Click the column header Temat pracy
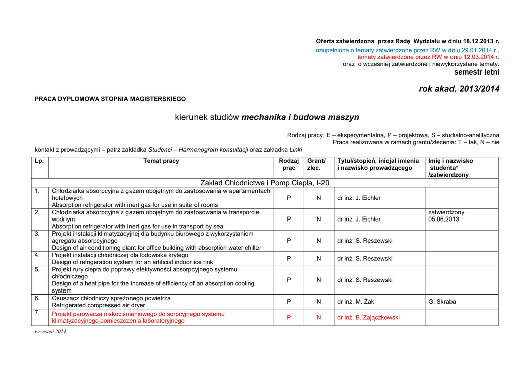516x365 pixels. pos(161,161)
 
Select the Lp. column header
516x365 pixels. pos(39,161)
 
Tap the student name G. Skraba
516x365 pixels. pos(442,302)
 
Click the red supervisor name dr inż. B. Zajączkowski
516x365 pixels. pos(368,318)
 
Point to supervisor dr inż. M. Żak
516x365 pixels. pos(356,302)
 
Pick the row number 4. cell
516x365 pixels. pos(37,255)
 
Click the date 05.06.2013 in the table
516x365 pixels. pos(443,220)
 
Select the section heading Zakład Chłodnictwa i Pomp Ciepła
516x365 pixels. pos(265,183)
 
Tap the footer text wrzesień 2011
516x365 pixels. pos(50,332)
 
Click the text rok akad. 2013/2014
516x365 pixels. pos(459,89)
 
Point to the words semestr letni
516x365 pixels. pos(477,72)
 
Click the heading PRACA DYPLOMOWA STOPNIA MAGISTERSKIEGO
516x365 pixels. pos(110,99)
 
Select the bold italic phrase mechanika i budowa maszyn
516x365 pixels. pos(300,117)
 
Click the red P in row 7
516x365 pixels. pos(289,318)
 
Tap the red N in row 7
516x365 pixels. pos(319,318)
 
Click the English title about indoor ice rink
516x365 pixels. pos(133,262)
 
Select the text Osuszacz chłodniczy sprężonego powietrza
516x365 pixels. pos(111,298)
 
